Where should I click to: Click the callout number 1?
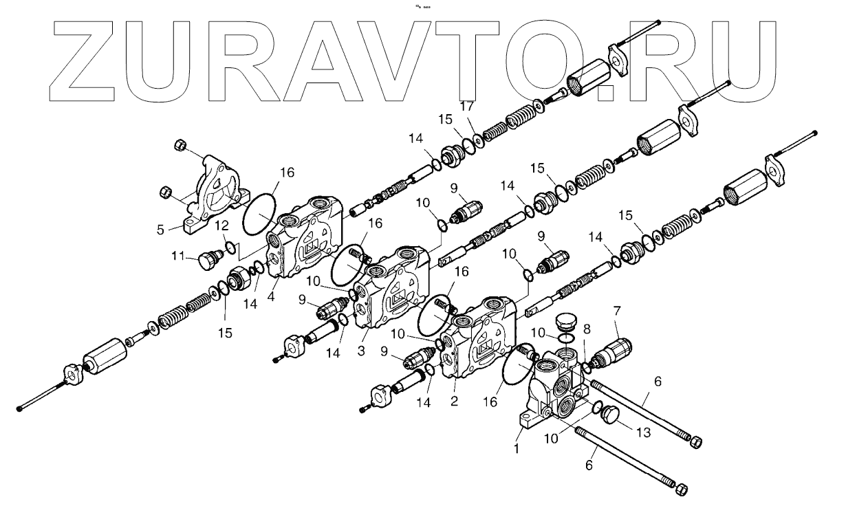pos(516,447)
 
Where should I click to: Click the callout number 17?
pos(466,107)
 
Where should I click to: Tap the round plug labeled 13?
pos(610,415)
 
